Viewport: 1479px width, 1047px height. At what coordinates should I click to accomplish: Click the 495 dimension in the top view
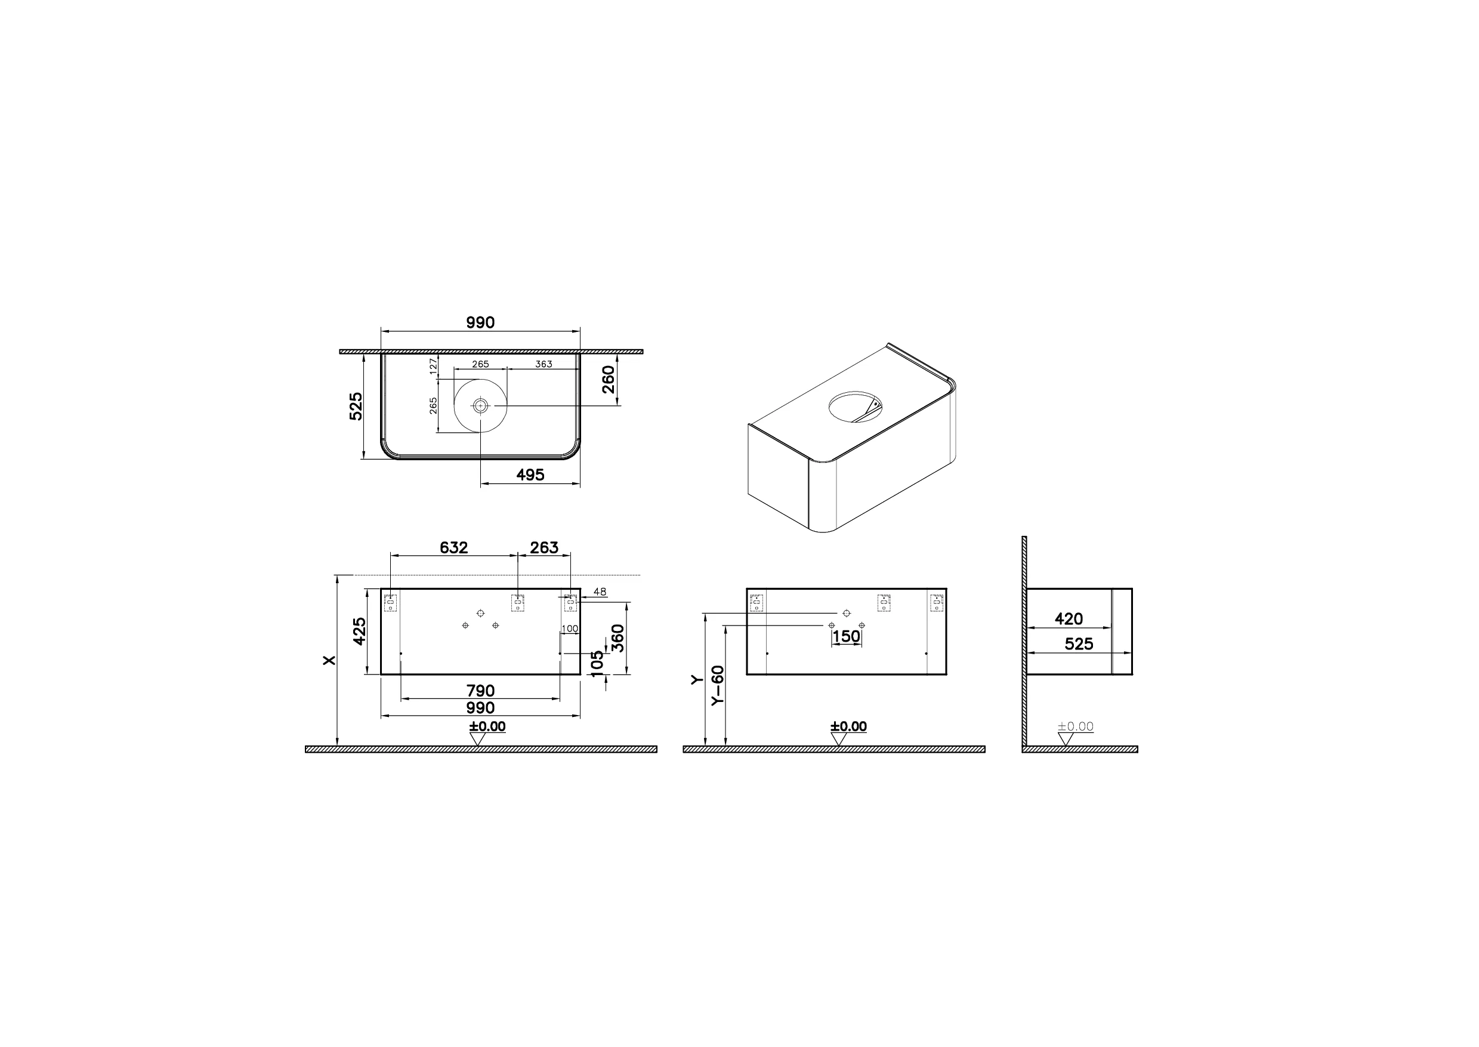coord(530,475)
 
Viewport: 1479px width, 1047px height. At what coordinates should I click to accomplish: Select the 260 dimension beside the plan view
coord(609,379)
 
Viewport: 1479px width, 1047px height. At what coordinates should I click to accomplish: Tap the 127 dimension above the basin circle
coord(434,366)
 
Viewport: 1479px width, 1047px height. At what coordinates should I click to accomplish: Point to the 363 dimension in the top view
coord(544,364)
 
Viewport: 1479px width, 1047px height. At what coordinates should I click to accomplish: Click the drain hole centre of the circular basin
coord(480,405)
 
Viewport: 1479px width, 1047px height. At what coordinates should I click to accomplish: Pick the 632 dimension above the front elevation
coord(453,547)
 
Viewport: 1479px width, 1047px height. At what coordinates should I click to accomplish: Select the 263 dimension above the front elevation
coord(544,547)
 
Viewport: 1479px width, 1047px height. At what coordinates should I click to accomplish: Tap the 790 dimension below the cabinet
coord(480,691)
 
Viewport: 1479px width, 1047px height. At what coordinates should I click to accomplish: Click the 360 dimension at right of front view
coord(617,638)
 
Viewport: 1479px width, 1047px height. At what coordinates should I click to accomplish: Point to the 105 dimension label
coord(597,664)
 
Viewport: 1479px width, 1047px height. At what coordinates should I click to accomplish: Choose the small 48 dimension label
coord(600,592)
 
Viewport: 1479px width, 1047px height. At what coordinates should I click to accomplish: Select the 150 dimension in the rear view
coord(846,636)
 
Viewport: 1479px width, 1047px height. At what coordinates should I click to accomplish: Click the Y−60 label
coord(718,685)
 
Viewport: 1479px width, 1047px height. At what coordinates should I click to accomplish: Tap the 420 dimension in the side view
coord(1069,619)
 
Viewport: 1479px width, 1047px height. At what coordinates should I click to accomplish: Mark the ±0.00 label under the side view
coord(1075,726)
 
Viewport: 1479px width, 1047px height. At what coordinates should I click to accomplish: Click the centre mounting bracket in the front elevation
coord(517,603)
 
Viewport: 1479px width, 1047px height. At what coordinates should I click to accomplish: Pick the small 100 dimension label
coord(570,629)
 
